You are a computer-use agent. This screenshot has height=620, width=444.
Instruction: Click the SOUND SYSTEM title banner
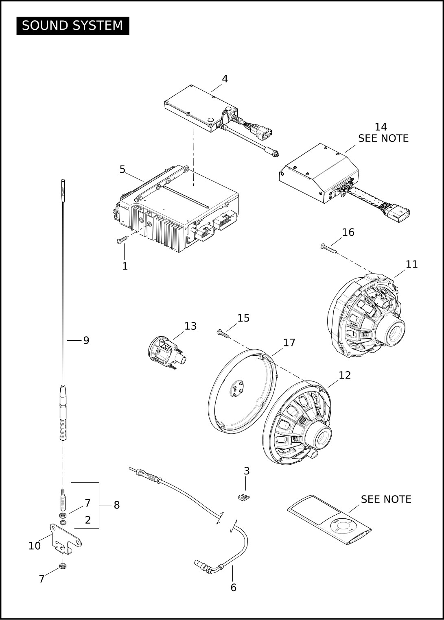click(x=73, y=26)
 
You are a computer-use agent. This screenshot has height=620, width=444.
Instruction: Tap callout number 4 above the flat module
click(x=225, y=79)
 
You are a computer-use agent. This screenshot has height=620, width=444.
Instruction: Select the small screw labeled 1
click(x=122, y=239)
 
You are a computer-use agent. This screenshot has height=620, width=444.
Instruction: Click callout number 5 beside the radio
click(x=122, y=170)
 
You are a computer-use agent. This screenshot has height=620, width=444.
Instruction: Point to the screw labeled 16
click(x=329, y=248)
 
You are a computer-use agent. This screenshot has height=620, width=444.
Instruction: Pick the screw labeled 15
click(x=223, y=333)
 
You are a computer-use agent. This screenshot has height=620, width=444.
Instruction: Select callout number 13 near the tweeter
click(x=190, y=326)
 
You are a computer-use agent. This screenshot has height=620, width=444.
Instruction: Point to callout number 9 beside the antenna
click(x=86, y=340)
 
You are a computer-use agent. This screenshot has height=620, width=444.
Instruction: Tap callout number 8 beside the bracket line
click(x=117, y=505)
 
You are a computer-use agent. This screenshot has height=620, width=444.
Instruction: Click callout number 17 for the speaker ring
click(x=289, y=343)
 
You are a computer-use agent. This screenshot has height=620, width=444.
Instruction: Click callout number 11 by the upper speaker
click(x=411, y=264)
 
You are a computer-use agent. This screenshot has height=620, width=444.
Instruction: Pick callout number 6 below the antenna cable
click(x=233, y=587)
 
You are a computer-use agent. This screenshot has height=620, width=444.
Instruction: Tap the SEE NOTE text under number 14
click(x=383, y=138)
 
